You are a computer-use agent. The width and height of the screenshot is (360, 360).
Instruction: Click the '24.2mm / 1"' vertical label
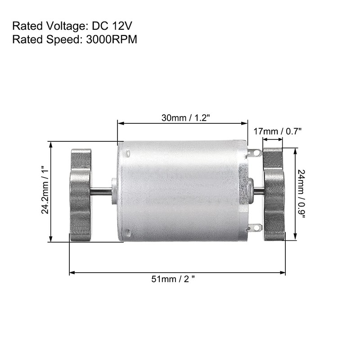45,191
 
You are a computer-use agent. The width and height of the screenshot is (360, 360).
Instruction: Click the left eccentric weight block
81,194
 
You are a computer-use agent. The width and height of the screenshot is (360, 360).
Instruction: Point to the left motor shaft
101,191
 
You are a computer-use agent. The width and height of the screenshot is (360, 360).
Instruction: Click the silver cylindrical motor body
180,191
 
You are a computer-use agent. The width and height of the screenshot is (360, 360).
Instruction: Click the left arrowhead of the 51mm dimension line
71,272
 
